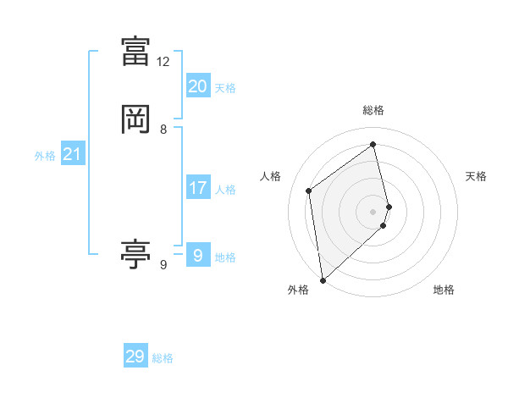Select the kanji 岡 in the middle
point(135,119)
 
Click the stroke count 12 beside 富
point(163,62)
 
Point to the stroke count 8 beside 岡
point(163,130)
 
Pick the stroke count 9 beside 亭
point(163,265)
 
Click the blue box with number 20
point(197,86)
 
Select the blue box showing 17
point(197,188)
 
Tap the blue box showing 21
point(72,154)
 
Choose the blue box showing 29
point(135,357)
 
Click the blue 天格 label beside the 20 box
point(225,88)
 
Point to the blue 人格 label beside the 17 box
point(225,190)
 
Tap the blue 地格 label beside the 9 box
point(225,257)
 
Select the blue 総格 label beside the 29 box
point(163,359)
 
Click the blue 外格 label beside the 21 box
point(45,156)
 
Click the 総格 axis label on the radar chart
point(373,110)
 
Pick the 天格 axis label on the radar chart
point(476,176)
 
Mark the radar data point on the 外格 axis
point(322,280)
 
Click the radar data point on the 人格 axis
point(309,191)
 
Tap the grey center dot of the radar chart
point(373,211)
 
